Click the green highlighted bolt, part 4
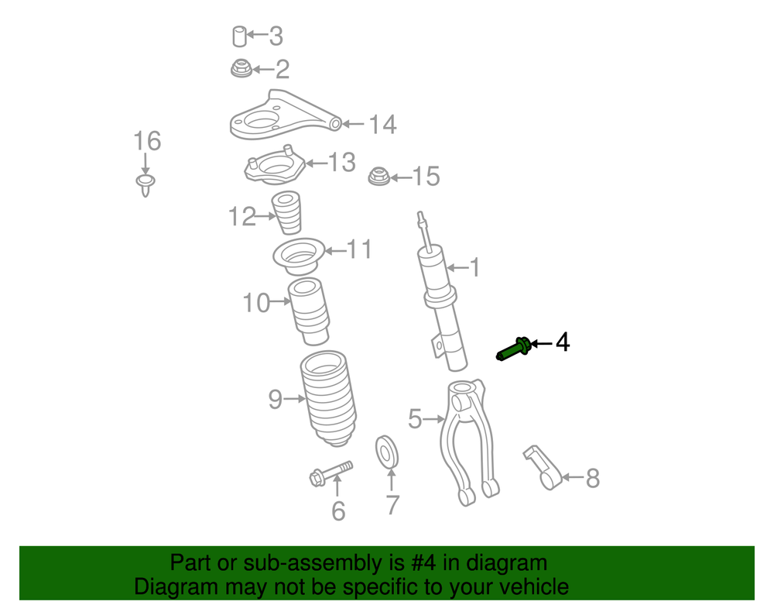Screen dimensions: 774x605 coord(513,349)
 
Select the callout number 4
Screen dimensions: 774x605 coord(563,342)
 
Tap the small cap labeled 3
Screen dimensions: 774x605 coord(239,36)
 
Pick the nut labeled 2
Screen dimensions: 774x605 coord(241,68)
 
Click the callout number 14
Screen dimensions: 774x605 coord(382,125)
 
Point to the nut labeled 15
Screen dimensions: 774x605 coord(378,177)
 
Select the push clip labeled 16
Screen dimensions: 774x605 coord(146,184)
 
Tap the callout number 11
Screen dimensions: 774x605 coord(359,249)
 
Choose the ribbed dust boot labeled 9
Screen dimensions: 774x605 coord(328,398)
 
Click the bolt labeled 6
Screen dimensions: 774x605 coord(330,473)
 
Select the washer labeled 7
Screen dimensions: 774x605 coord(387,451)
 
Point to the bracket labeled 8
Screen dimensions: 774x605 coord(543,467)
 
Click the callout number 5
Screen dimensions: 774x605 coord(415,419)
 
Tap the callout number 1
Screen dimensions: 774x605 coord(474,268)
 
